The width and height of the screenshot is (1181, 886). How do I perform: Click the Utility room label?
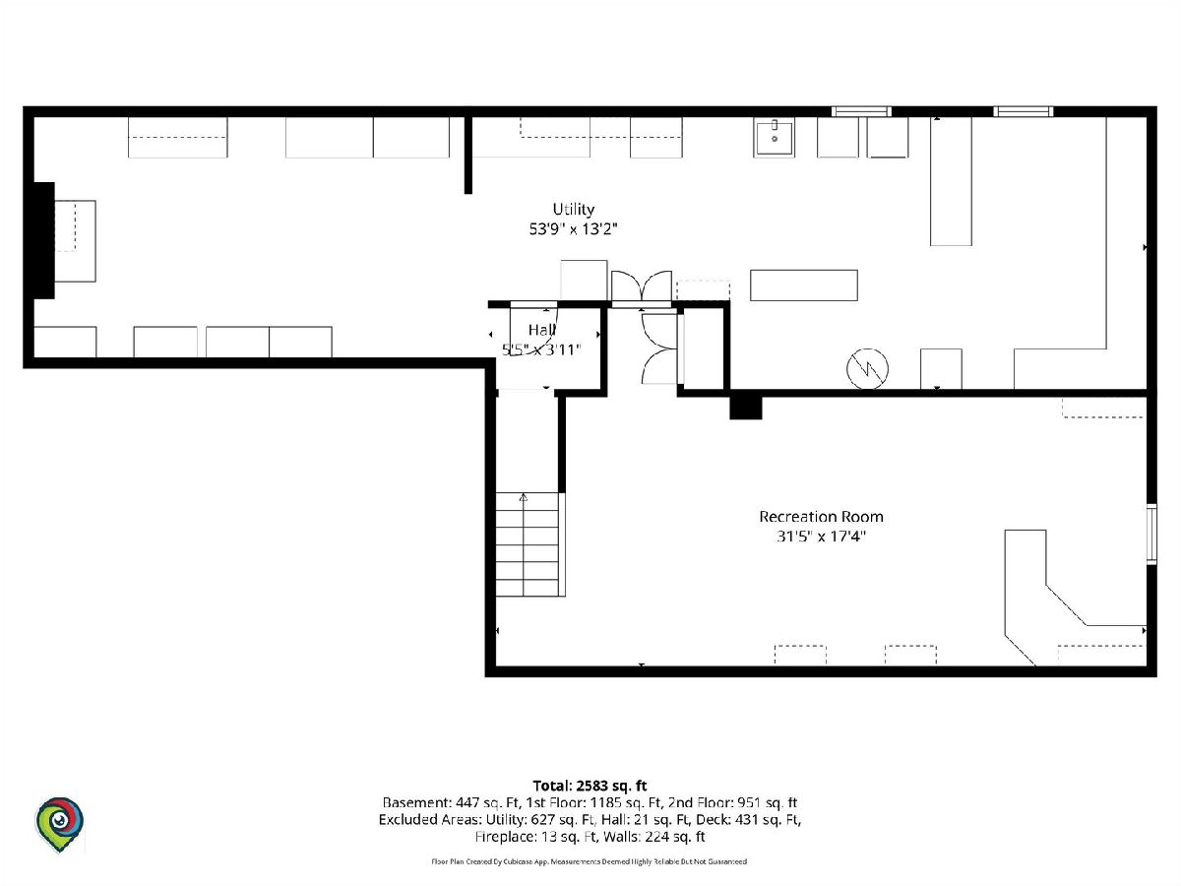point(573,210)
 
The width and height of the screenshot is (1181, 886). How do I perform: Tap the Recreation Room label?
point(821,517)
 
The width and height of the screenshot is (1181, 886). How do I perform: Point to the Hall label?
point(542,330)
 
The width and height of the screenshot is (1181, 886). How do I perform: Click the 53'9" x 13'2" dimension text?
point(573,229)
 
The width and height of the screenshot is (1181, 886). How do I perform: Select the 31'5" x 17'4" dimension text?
point(821,537)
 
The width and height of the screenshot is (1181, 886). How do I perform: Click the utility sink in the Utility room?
point(774,138)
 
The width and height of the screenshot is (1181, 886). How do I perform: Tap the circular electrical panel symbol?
point(867,368)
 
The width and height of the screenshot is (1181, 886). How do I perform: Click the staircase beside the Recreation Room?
point(529,543)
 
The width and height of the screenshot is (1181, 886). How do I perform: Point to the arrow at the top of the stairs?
point(524,497)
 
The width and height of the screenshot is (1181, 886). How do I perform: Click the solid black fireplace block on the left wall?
point(44,240)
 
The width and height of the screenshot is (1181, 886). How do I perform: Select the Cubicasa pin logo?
point(59,825)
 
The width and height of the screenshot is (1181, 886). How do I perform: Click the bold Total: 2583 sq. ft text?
point(590,786)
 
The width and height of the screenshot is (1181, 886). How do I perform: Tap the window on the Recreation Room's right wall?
point(1151,534)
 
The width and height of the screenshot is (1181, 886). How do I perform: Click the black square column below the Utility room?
point(746,408)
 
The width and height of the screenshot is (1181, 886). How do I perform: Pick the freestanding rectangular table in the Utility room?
point(804,285)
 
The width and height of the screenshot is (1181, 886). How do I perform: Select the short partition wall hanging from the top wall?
point(468,155)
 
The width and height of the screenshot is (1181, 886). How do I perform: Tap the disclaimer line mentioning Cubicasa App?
point(590,861)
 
